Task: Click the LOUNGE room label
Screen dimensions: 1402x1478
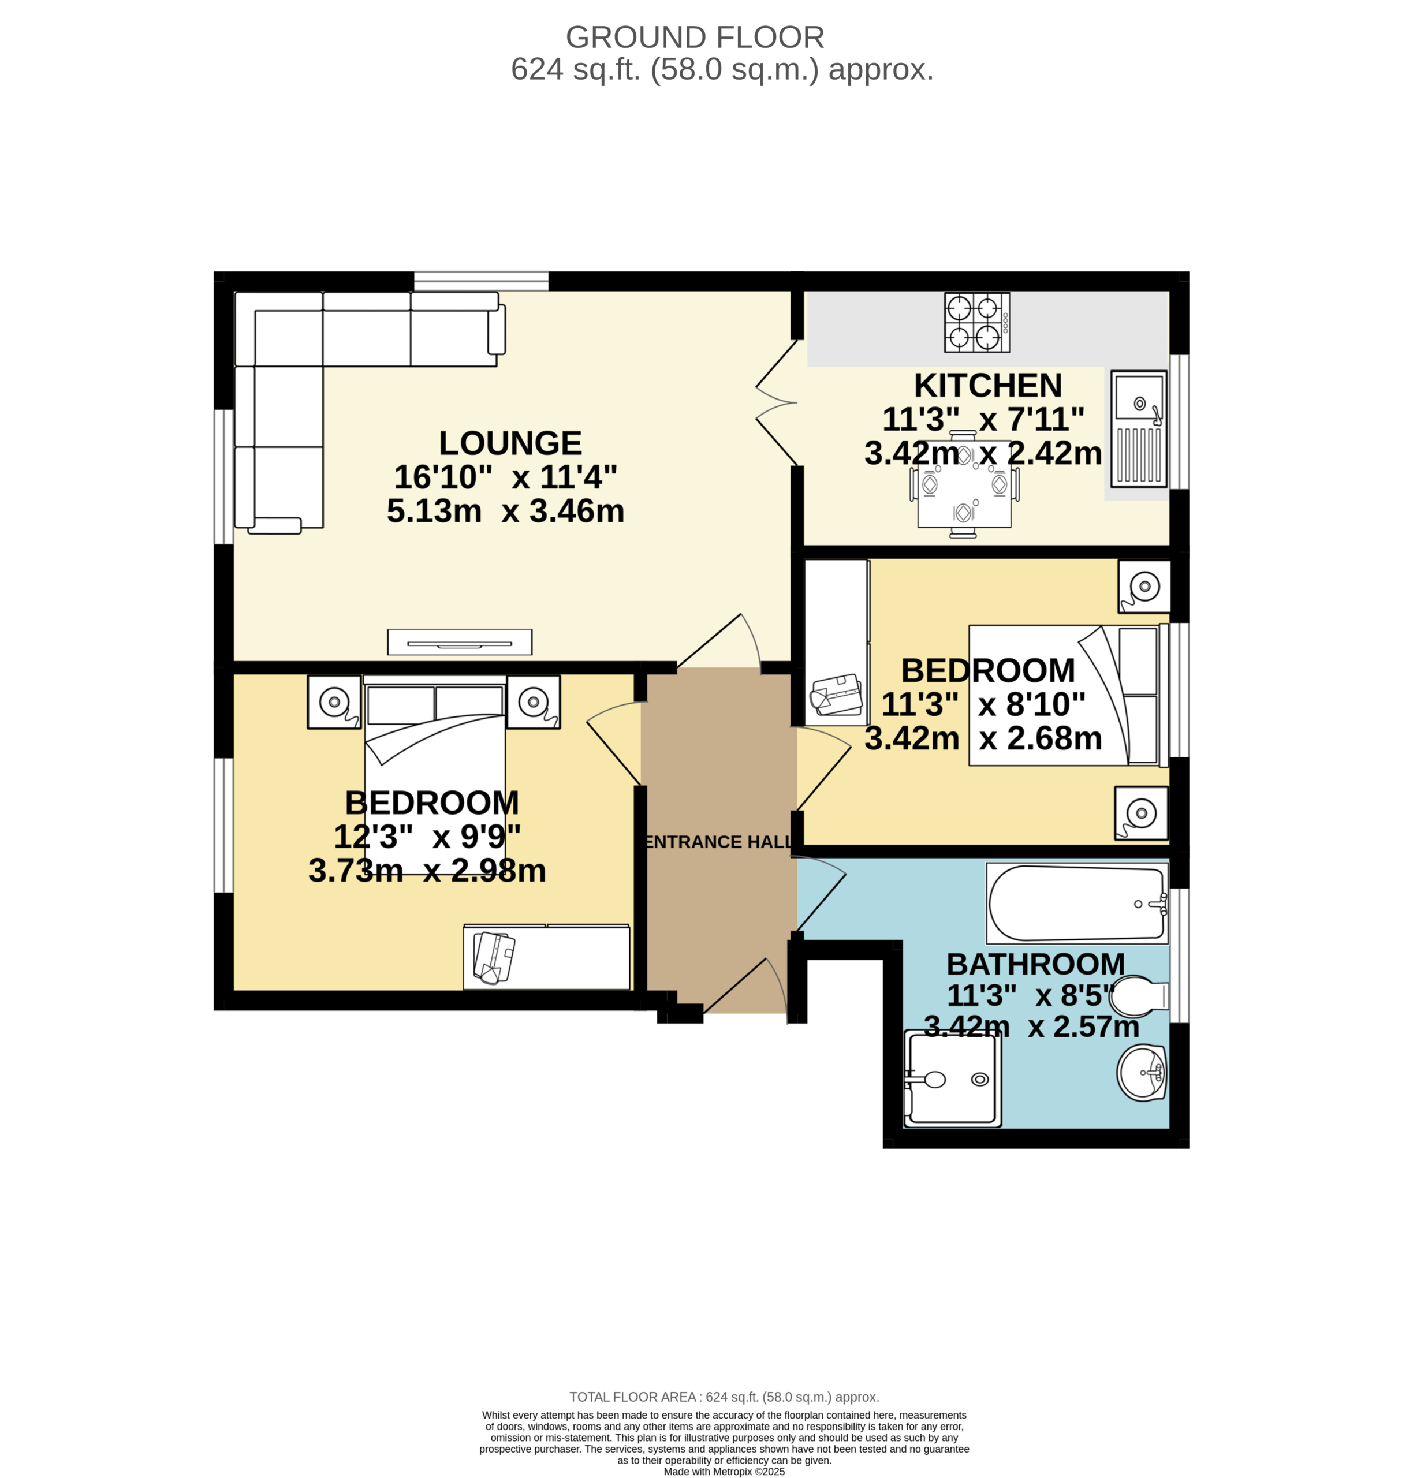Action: coord(510,443)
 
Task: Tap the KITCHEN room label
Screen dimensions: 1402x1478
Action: coord(988,386)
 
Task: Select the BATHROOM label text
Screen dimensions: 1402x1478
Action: coord(1036,964)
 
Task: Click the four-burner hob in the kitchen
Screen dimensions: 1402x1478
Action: coord(978,322)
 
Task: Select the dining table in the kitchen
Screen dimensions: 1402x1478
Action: coord(964,484)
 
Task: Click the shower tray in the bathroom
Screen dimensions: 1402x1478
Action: coord(952,1079)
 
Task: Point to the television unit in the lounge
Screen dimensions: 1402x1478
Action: coord(460,642)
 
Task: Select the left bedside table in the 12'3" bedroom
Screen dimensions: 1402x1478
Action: coord(334,701)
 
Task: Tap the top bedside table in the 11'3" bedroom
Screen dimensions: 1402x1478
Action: coord(1143,587)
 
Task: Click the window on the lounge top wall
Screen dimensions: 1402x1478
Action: coord(481,281)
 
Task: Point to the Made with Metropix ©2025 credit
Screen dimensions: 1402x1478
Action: coord(724,1471)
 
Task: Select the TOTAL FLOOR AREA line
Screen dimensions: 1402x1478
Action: coord(724,1397)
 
